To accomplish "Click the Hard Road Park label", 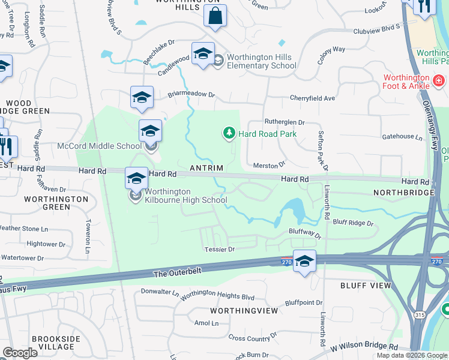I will tap(268, 134).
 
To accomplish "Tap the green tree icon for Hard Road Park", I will tap(229, 133).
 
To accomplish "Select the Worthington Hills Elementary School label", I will tap(258, 61).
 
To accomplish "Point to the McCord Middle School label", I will tap(99, 146).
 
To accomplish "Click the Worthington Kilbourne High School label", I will tap(178, 196).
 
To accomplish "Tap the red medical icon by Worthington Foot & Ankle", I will tap(439, 79).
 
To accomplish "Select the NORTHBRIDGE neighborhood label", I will tap(403, 193).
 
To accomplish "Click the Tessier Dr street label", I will tap(222, 248).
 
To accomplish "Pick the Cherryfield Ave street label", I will tap(312, 98).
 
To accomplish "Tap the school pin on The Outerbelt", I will tap(304, 262).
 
